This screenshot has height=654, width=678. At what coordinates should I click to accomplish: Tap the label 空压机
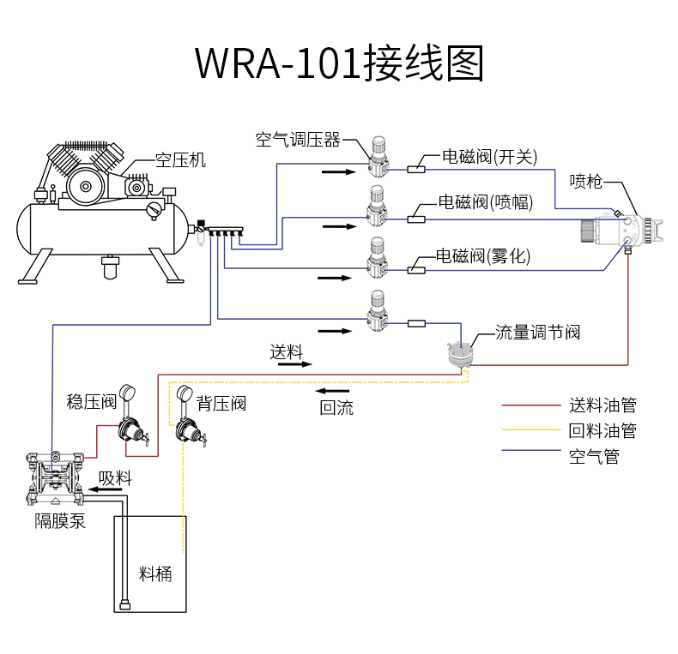click(180, 160)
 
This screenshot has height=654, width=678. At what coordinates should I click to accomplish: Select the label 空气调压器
click(298, 140)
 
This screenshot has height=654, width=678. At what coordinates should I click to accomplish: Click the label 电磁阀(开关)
click(489, 156)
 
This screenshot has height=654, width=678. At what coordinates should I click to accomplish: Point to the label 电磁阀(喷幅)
click(485, 202)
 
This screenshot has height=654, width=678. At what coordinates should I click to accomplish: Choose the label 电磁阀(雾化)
click(483, 255)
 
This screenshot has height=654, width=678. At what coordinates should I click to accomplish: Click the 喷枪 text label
click(586, 182)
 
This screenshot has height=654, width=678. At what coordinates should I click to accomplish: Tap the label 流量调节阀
click(538, 333)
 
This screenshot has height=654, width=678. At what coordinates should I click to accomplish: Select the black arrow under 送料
click(294, 364)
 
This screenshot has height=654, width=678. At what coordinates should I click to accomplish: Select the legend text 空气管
click(594, 456)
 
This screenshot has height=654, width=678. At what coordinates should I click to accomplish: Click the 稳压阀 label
click(91, 402)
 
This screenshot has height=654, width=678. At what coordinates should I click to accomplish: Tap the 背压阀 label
click(221, 403)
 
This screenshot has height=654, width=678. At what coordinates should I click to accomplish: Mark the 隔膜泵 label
click(60, 521)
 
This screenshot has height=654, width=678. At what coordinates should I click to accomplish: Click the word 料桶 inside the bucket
click(155, 573)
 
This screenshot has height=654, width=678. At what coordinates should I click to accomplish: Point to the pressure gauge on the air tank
click(154, 208)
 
